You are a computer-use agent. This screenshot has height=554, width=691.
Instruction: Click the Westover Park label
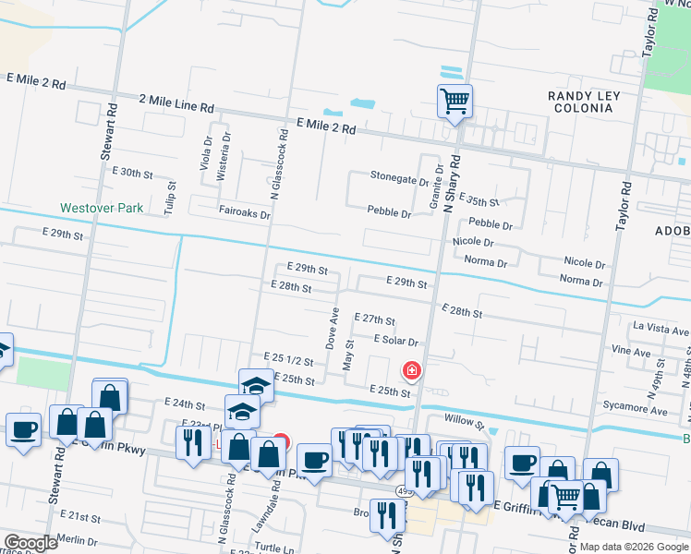click(x=102, y=209)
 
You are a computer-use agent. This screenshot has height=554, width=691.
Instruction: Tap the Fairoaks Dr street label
click(x=244, y=214)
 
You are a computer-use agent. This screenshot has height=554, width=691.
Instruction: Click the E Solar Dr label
click(x=396, y=341)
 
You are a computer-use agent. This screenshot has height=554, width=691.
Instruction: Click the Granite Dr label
click(x=436, y=187)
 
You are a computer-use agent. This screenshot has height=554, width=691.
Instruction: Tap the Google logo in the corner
click(x=30, y=544)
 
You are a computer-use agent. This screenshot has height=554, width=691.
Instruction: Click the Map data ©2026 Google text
click(x=633, y=547)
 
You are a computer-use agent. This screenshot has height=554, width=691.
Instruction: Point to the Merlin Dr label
click(x=77, y=541)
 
